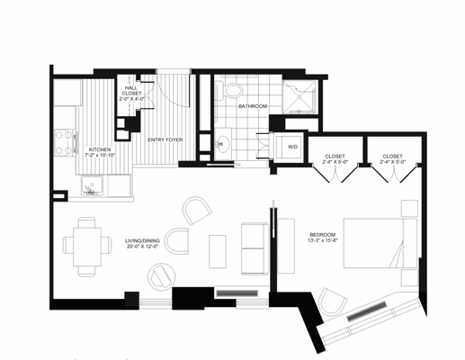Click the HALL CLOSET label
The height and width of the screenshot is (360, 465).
pos(130,89)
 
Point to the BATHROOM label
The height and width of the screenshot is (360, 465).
pos(253,106)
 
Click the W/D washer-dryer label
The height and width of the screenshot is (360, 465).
pos(292,146)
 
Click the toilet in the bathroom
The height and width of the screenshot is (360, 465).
pos(233,90)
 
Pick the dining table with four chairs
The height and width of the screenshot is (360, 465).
pos(87,243)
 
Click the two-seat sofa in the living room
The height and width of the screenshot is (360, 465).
pos(255,247)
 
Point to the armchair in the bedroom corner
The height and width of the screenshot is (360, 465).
pos(331,304)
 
